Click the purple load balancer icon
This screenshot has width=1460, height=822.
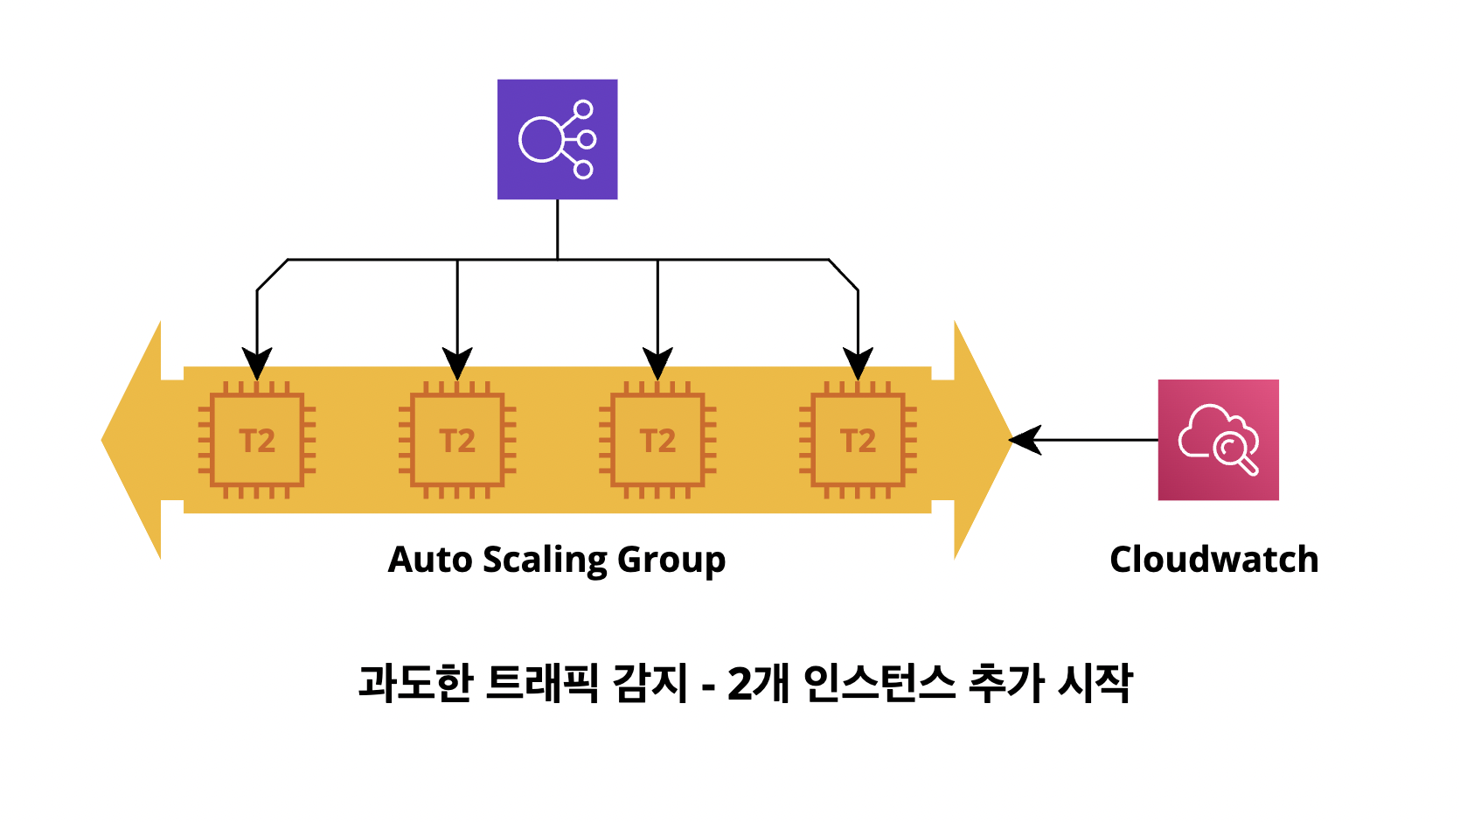tap(557, 139)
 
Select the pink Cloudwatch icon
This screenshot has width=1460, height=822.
tap(1218, 439)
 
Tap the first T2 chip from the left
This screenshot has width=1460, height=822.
tap(257, 440)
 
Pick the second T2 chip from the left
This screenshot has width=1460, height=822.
tap(457, 440)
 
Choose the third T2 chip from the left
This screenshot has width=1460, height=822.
tap(657, 440)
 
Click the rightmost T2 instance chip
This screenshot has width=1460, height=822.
tap(858, 440)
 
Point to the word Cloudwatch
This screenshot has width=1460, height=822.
tap(1213, 560)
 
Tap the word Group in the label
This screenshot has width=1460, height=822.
tap(671, 560)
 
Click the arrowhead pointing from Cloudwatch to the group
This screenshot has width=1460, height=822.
tap(1024, 440)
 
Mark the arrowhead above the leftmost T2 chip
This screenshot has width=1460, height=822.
tap(257, 363)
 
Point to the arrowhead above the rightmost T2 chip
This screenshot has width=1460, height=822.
tap(858, 363)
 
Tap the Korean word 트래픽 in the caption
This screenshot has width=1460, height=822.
tap(542, 683)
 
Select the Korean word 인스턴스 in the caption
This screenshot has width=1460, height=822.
tap(879, 683)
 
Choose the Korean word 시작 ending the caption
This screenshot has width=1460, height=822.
tap(1095, 683)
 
